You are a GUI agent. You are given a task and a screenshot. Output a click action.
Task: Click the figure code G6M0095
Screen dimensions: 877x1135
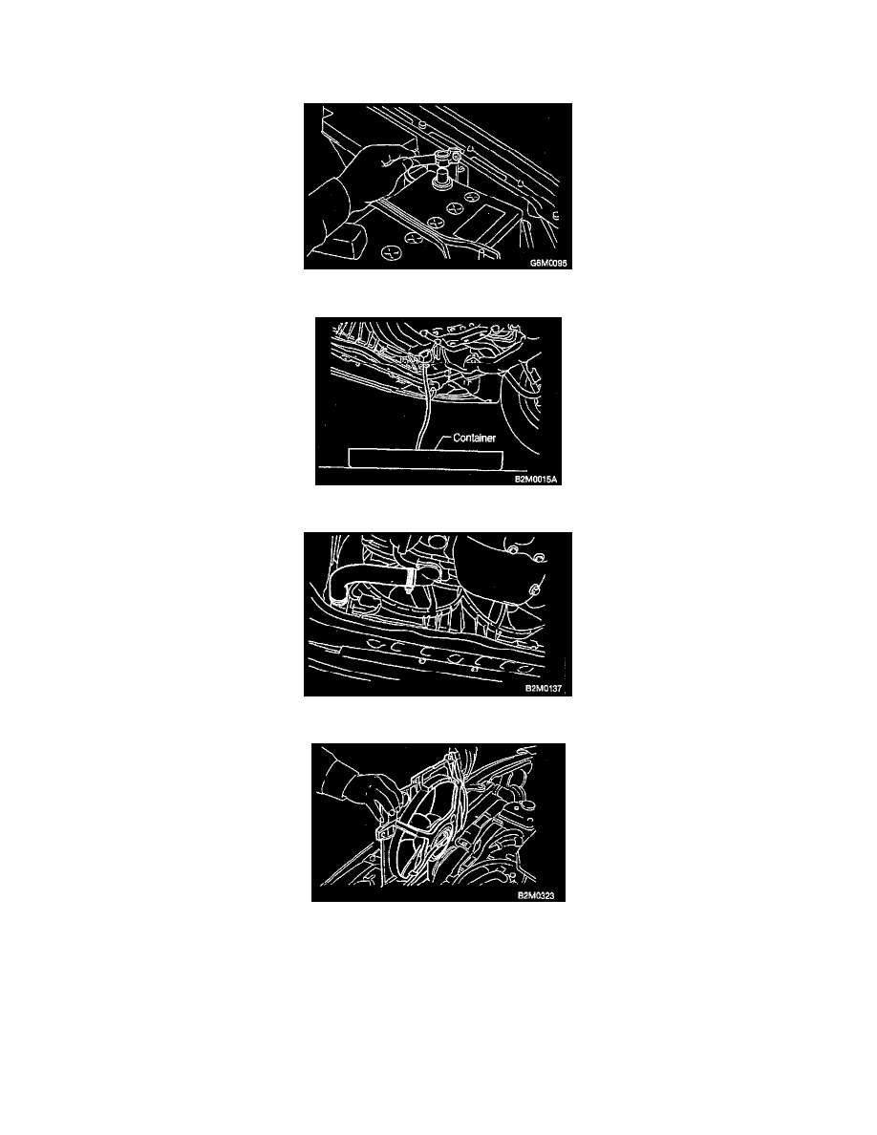(x=547, y=263)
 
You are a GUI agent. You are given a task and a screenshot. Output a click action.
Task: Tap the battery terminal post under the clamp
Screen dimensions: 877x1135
(x=439, y=177)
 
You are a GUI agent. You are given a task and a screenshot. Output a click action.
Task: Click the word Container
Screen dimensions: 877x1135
(x=474, y=438)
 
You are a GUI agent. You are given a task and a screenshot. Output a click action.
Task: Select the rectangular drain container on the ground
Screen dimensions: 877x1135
(x=425, y=459)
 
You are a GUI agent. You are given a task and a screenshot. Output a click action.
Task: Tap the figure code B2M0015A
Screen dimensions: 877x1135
(x=536, y=479)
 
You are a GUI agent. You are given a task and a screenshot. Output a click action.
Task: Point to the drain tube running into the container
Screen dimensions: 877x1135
(x=425, y=405)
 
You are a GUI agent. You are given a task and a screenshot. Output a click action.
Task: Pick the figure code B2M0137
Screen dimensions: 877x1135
(x=543, y=689)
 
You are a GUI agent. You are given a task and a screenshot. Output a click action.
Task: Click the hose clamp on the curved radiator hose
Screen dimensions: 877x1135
(x=410, y=579)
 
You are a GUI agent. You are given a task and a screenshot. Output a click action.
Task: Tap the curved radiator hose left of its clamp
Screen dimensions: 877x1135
(x=362, y=578)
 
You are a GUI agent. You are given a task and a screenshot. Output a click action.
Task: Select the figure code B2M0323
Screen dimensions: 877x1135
(x=536, y=895)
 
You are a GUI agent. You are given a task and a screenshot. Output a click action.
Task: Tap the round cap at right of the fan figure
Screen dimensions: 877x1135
(x=523, y=801)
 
